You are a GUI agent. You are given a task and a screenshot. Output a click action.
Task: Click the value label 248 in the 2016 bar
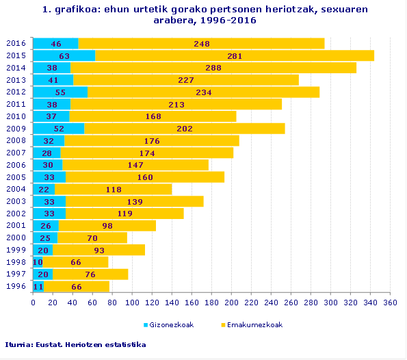click(201, 44)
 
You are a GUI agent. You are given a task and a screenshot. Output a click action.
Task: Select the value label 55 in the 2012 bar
click(60, 92)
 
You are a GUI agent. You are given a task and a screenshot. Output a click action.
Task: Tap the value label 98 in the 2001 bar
click(107, 226)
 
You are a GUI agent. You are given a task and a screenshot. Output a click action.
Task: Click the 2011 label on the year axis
click(16, 104)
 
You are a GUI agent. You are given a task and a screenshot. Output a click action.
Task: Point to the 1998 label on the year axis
click(16, 262)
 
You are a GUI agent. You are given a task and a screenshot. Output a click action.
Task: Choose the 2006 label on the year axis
click(16, 165)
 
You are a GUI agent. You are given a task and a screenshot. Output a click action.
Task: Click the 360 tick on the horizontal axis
click(390, 302)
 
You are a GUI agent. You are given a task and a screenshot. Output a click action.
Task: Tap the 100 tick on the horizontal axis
click(132, 302)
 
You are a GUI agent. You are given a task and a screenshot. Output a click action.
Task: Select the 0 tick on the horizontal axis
click(33, 302)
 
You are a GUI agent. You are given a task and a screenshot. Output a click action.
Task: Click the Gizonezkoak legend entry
click(171, 324)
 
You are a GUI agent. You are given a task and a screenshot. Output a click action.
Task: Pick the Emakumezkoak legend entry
click(255, 324)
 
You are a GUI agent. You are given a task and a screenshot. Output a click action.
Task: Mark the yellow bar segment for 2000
click(92, 238)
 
